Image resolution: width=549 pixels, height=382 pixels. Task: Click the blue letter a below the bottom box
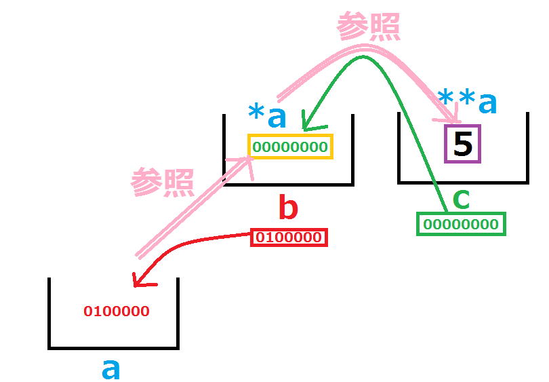point(110,369)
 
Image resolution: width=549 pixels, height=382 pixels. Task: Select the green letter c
point(461,199)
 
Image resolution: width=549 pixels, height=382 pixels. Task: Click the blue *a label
point(268,117)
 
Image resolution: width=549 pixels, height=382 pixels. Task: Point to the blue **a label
point(468,103)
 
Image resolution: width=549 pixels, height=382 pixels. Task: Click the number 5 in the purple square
point(462,144)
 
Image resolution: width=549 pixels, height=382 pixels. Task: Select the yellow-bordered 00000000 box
point(289,147)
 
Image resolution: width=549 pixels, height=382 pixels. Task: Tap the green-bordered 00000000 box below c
point(461,224)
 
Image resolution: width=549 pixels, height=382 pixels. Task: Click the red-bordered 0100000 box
point(289,238)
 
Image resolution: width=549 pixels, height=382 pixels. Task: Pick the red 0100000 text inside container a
point(117,312)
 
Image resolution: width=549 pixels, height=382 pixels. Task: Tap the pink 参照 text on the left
point(162,182)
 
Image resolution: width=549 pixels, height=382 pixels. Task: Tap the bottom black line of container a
point(113,347)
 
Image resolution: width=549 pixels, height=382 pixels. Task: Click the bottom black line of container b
point(288,183)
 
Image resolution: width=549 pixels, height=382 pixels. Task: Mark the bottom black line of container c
point(463,182)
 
